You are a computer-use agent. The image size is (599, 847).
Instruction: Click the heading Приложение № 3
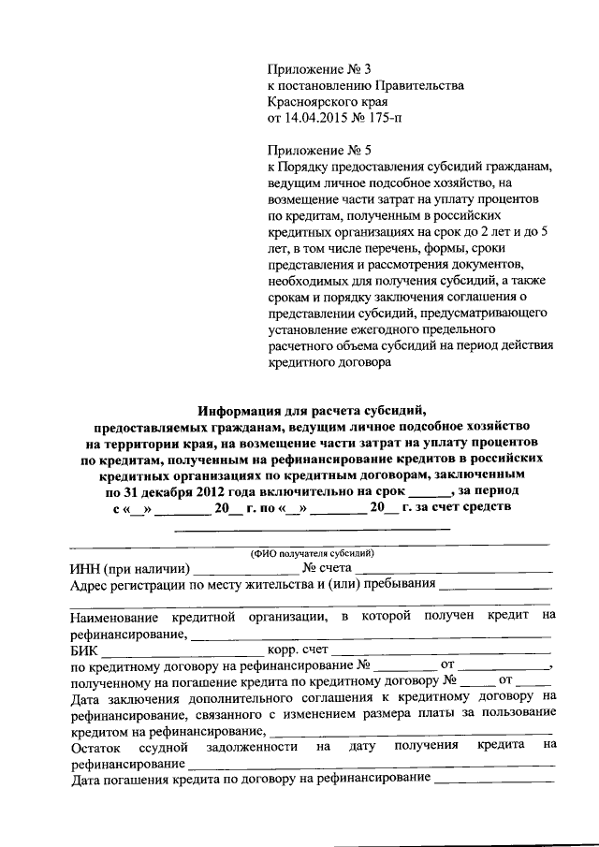coord(319,69)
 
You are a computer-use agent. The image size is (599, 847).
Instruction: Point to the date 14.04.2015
coord(320,119)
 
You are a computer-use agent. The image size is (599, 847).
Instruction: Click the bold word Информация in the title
coord(244,409)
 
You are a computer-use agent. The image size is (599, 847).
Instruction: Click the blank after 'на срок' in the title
coord(429,490)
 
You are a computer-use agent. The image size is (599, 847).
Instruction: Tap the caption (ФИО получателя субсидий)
coord(311,552)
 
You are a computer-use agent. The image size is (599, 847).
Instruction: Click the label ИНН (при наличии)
coord(130,568)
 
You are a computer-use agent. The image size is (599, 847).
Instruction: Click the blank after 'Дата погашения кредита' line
coord(493,780)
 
